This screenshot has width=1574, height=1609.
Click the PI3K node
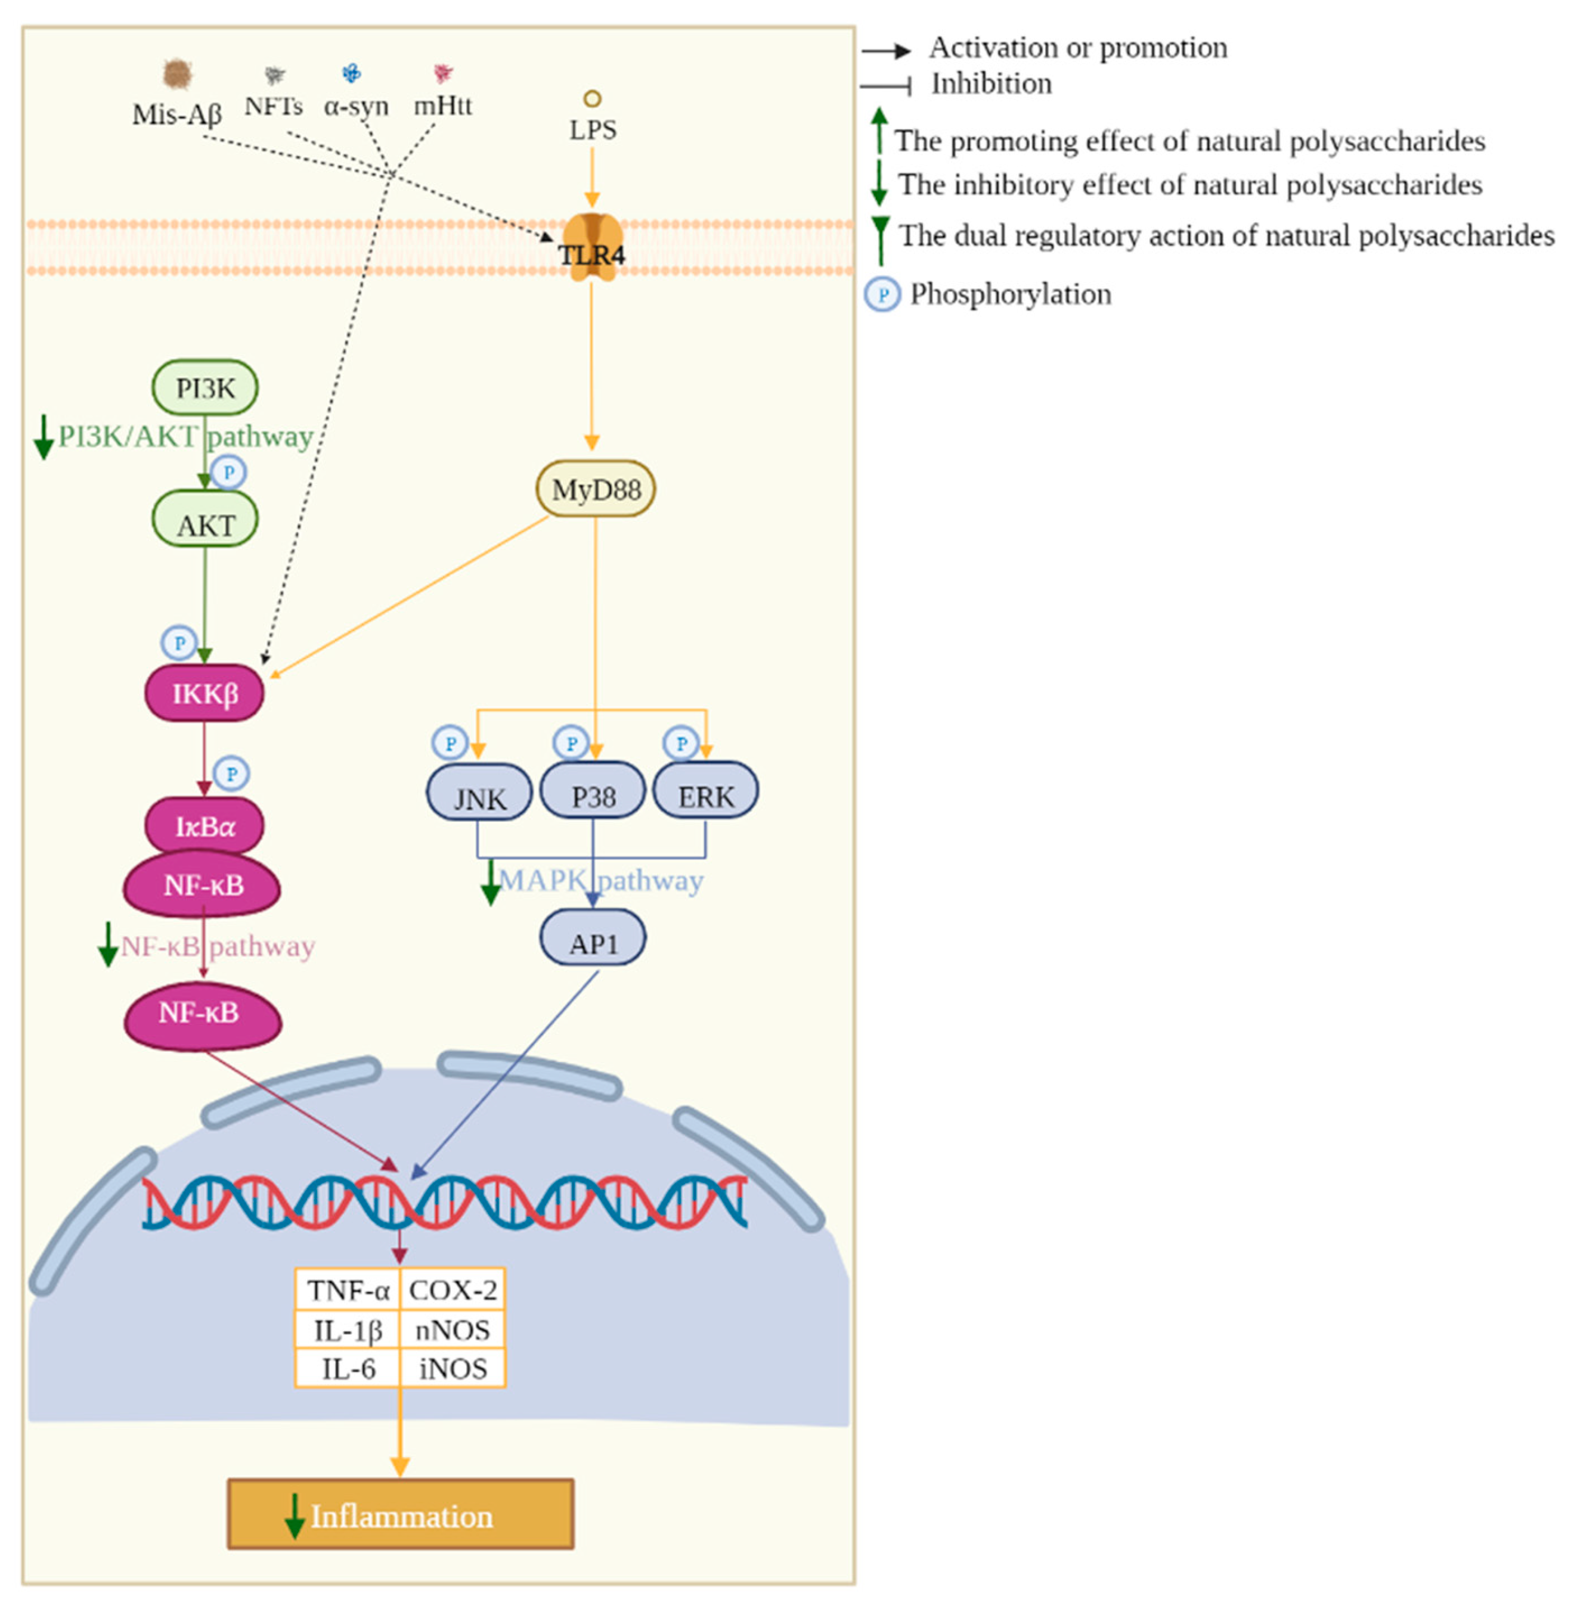point(205,387)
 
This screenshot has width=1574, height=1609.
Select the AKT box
point(205,521)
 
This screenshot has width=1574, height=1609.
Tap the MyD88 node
point(595,489)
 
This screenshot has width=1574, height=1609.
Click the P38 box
point(593,792)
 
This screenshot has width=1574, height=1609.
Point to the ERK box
point(705,792)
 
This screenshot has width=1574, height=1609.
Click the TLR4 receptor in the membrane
point(592,246)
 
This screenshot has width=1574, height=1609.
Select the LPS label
point(592,130)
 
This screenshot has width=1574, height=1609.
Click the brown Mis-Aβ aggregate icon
point(177,74)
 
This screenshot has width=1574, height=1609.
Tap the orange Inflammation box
point(400,1514)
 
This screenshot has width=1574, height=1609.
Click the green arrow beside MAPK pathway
point(490,883)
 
